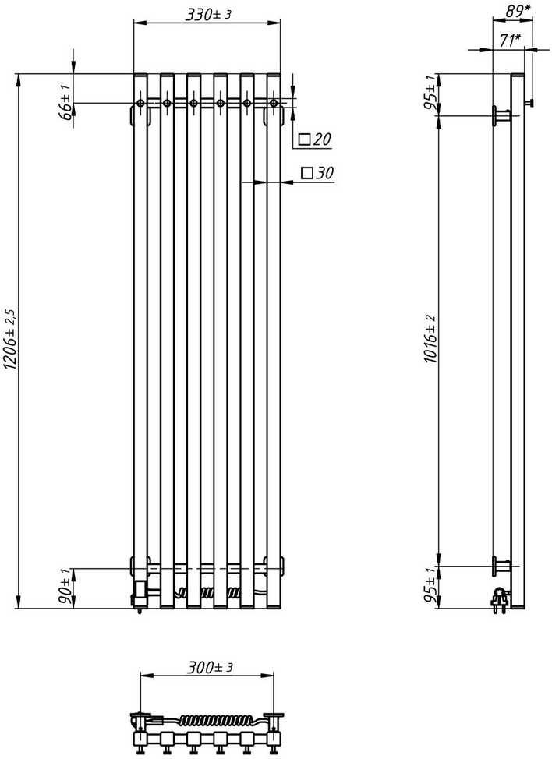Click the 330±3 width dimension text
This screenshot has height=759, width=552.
(x=207, y=15)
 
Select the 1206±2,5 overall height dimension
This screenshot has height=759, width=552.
(x=11, y=341)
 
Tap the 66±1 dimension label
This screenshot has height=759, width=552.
(x=65, y=101)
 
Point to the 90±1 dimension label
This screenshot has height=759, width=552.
(x=65, y=588)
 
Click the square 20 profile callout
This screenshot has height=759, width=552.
(x=316, y=139)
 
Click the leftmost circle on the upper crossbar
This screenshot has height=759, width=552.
(x=140, y=103)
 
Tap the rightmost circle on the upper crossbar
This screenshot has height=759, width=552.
(x=274, y=103)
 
